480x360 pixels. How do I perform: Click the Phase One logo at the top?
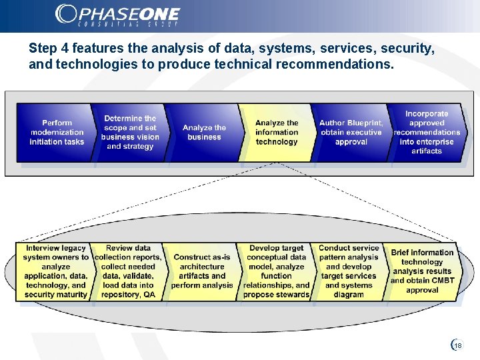coord(118,15)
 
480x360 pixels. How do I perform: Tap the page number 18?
coord(459,345)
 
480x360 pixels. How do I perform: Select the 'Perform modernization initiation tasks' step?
coord(57,132)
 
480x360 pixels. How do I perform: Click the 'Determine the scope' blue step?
coord(130,132)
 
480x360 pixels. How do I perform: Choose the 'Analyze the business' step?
coord(204,132)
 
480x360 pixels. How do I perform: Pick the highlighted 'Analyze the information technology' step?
coord(277,132)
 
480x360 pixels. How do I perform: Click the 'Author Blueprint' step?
coord(351,132)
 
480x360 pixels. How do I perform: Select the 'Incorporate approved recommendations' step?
coord(427,132)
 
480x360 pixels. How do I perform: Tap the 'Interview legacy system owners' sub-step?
coord(56,271)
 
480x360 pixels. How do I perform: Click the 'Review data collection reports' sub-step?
coord(129,271)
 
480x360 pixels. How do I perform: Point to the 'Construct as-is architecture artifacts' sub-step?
coord(202,271)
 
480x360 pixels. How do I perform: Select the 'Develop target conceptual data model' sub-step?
coord(277,271)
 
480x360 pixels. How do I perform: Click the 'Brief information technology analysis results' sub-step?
coord(422,271)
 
